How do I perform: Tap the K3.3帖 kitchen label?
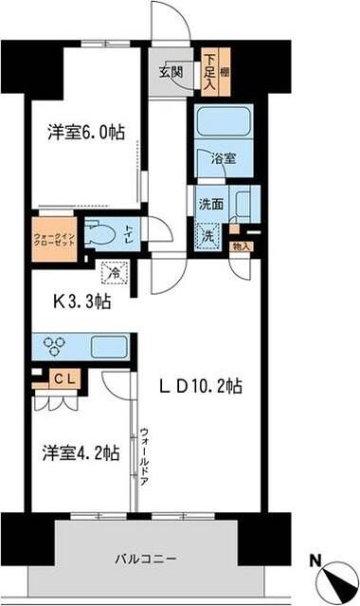79,302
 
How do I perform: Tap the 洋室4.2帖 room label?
80,452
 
